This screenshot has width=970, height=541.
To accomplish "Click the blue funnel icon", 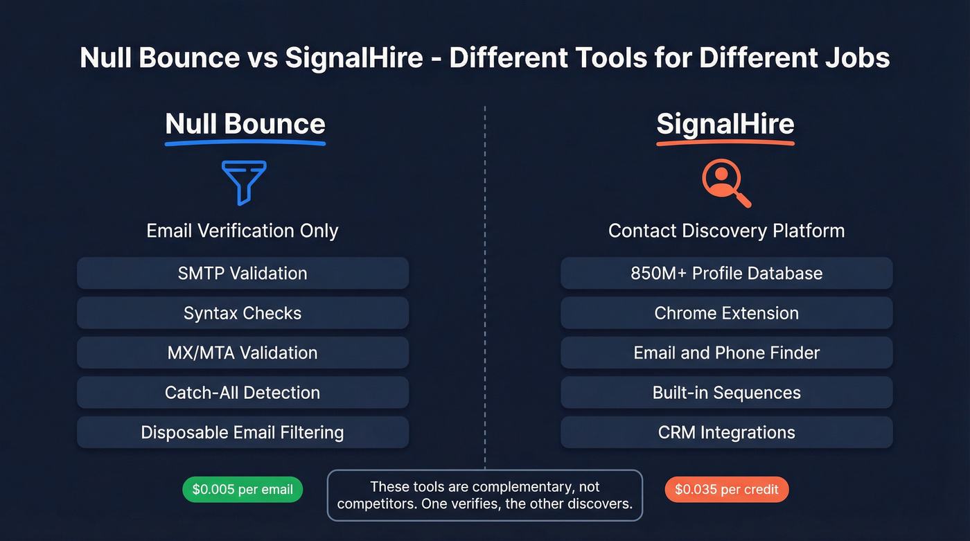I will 243,182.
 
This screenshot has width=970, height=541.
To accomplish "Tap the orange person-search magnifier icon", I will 725,184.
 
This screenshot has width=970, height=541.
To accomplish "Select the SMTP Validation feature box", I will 242,273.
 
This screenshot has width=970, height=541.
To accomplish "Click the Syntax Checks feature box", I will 242,313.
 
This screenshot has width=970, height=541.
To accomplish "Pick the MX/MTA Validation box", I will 242,353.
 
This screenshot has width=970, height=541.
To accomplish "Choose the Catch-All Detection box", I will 242,393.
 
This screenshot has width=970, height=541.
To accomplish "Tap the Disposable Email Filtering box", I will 242,432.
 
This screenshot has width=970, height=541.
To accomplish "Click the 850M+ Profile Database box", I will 726,273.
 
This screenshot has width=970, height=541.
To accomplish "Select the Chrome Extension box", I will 726,313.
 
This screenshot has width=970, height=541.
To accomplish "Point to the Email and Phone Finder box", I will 726,353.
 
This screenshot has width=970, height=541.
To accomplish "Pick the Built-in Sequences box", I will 726,393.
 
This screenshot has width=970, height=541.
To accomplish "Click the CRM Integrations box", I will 726,432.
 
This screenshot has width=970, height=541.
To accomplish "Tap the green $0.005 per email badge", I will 242,490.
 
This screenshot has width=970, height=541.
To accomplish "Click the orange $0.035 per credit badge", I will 726,490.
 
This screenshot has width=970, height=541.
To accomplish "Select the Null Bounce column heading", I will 245,124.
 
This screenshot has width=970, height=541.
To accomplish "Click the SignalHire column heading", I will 725,124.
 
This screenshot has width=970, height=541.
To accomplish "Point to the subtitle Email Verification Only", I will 242,231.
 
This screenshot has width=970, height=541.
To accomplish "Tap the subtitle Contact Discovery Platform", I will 726,231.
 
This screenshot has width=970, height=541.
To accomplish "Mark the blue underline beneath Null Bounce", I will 245,143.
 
